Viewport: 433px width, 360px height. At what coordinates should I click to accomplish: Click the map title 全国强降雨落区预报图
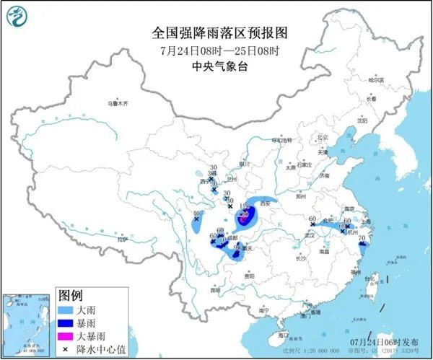coord(216,32)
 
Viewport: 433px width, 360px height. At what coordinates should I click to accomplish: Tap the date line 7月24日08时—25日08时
coord(216,50)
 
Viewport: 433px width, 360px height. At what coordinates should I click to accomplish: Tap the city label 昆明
coord(214,290)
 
